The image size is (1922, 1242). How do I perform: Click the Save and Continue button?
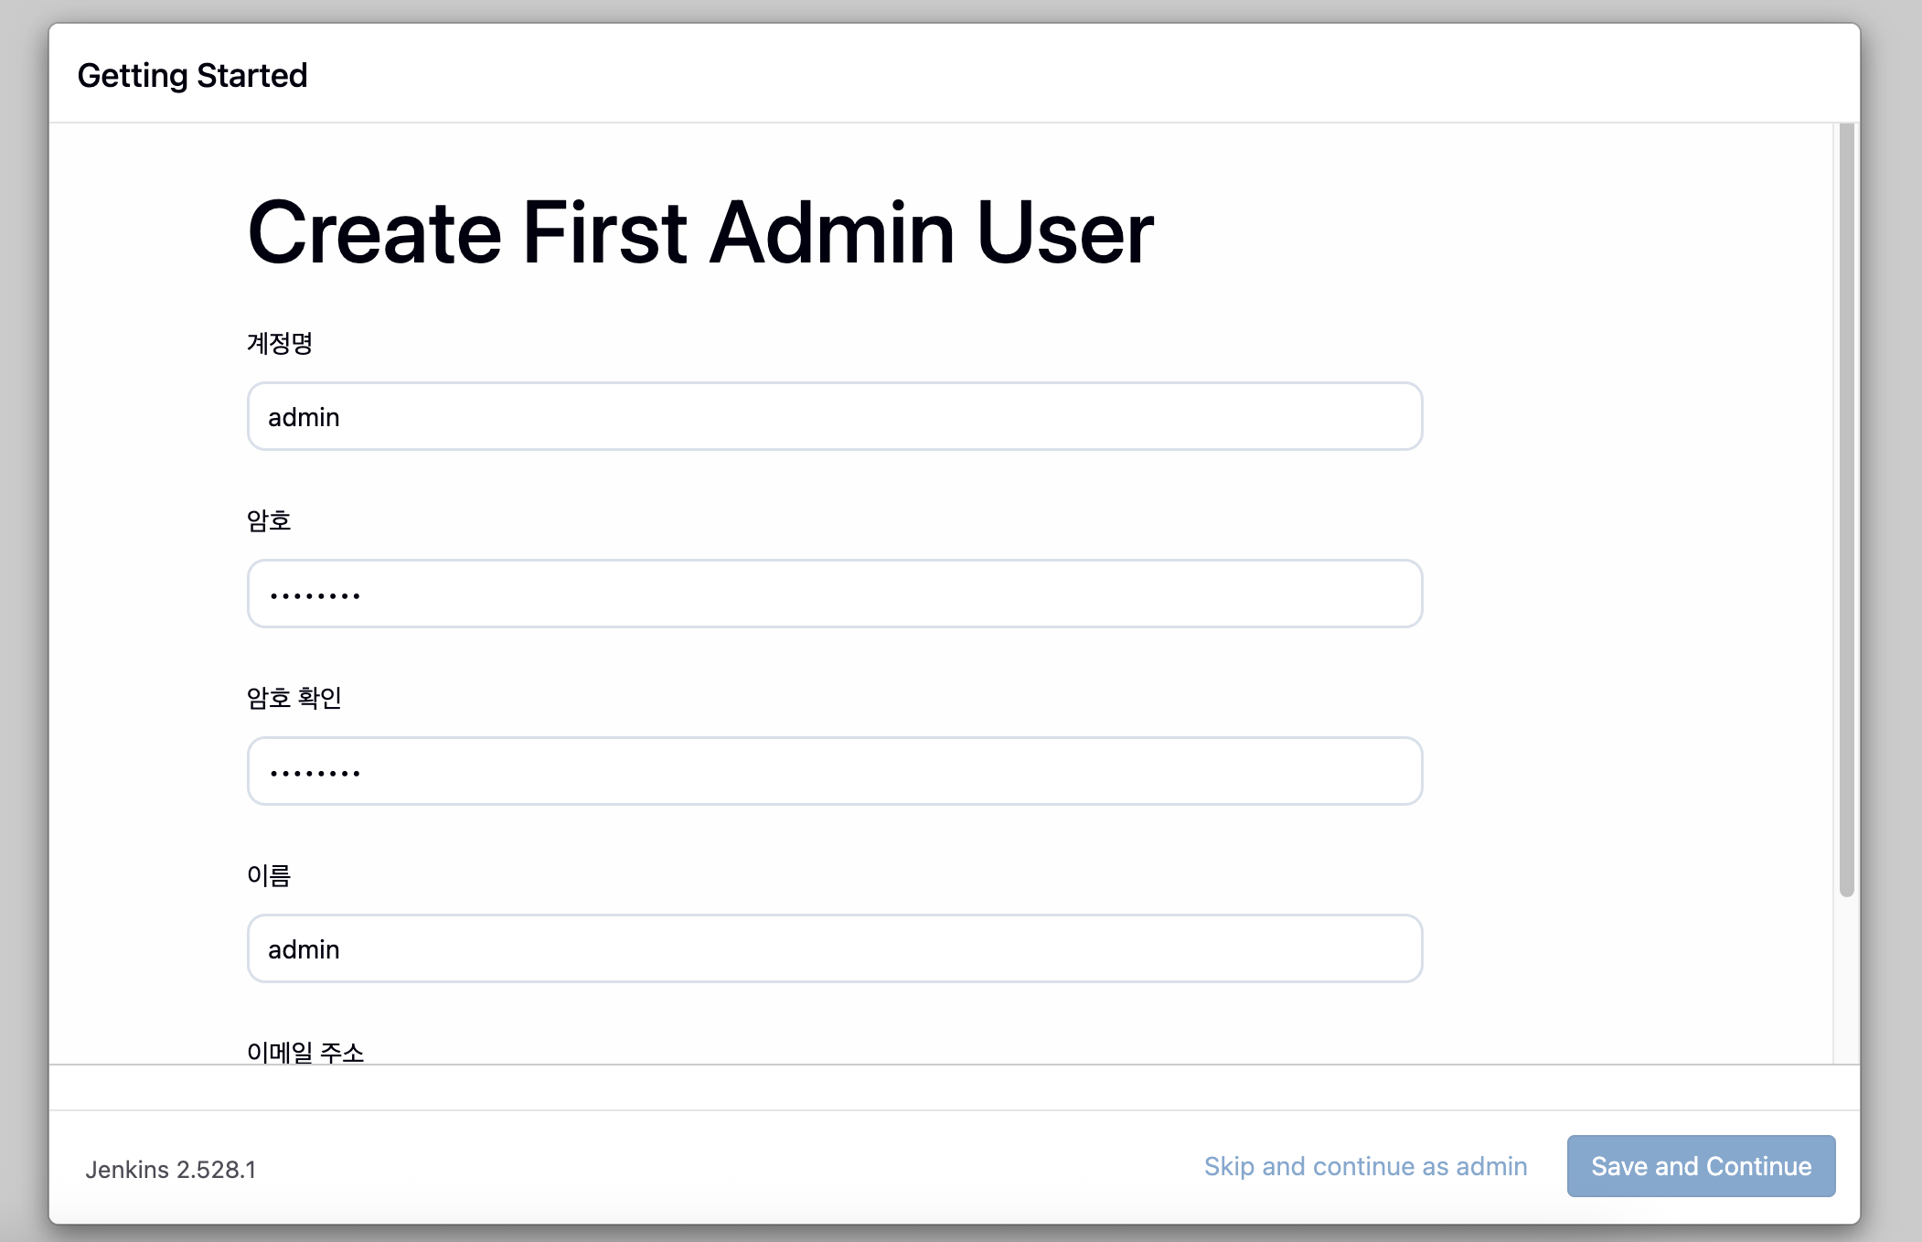point(1701,1166)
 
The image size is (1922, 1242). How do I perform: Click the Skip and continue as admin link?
point(1365,1166)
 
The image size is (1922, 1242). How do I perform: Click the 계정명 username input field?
point(835,416)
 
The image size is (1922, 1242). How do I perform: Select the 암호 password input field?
point(835,594)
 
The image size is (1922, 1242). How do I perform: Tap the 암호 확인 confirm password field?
point(835,771)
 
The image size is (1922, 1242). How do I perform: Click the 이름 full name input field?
point(835,948)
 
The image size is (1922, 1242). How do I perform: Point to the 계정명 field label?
point(280,343)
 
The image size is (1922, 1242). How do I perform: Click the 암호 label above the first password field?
point(269,520)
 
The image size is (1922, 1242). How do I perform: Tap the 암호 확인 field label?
point(294,698)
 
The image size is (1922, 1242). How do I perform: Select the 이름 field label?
point(269,875)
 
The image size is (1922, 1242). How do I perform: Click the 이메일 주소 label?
point(305,1052)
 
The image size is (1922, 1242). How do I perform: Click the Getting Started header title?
point(192,76)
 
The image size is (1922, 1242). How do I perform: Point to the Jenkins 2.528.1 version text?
point(171,1170)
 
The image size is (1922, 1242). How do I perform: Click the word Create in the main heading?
point(375,233)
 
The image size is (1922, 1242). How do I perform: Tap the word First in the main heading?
point(604,233)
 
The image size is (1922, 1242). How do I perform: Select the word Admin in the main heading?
point(832,233)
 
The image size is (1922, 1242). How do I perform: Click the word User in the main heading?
point(1065,233)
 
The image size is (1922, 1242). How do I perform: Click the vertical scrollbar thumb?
point(1846,509)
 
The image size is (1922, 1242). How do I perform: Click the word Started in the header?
point(252,75)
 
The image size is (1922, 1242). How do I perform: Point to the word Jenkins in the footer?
point(127,1170)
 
